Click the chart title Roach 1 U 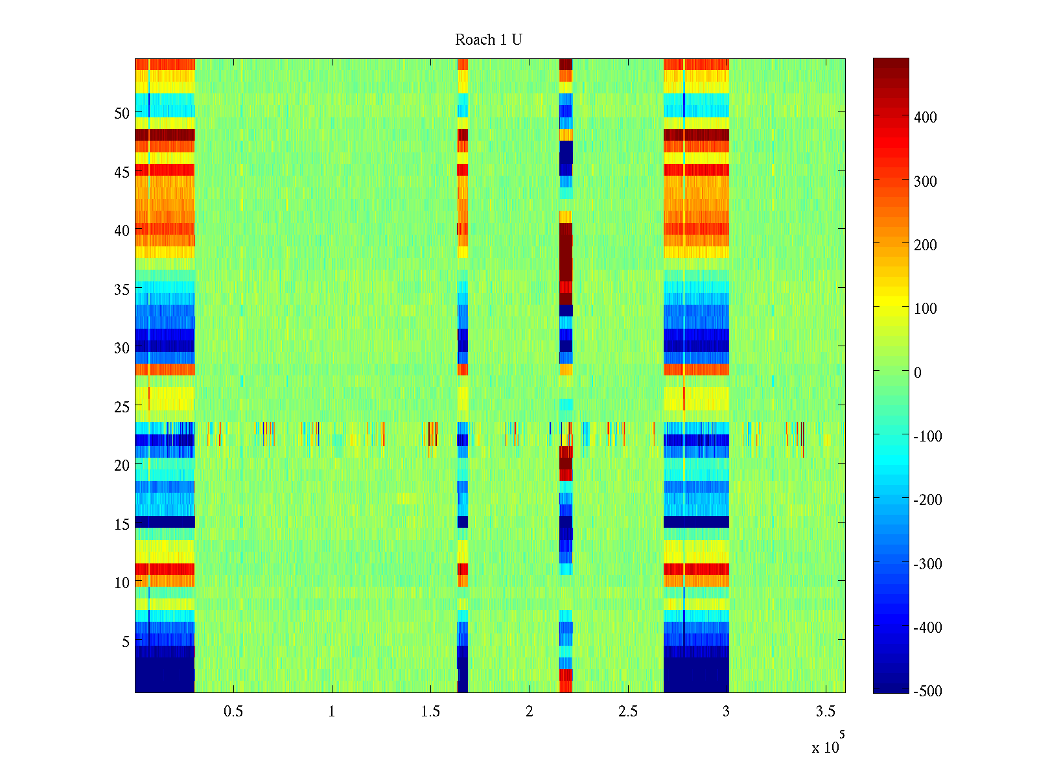coord(488,40)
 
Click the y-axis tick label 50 coord(121,113)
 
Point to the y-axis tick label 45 coord(121,172)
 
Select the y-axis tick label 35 coord(121,290)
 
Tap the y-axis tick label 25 coord(121,407)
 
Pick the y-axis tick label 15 coord(121,525)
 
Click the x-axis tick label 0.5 coord(233,712)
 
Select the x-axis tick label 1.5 coord(430,712)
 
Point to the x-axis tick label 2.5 coord(627,712)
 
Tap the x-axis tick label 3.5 coord(825,712)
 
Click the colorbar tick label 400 coord(925,118)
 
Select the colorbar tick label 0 coord(917,373)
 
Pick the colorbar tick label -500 coord(927,691)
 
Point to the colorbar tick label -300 coord(927,564)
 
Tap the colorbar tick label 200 coord(925,245)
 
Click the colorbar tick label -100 coord(927,436)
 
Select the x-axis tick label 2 coord(530,712)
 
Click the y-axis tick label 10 coord(121,583)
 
